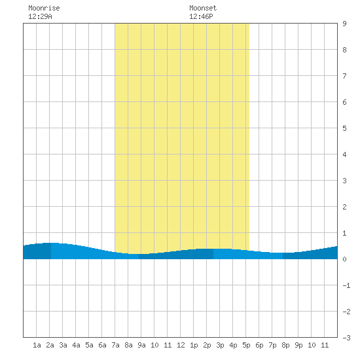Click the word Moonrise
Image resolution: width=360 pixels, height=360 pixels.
tap(44, 8)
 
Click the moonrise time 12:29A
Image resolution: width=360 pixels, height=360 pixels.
tap(40, 16)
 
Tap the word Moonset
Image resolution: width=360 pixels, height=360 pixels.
tap(203, 8)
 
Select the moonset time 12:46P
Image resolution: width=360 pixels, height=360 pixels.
tap(201, 16)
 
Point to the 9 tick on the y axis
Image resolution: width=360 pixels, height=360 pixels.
tap(344, 24)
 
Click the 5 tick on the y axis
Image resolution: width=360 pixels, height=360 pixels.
tap(344, 128)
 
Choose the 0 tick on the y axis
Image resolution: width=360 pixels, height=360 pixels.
tap(344, 259)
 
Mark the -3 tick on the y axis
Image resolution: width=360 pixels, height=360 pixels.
tap(346, 338)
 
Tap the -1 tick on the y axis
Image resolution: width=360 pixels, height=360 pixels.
tap(346, 285)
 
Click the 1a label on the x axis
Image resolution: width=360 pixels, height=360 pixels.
tap(37, 345)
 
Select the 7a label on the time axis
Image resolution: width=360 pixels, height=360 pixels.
tap(115, 345)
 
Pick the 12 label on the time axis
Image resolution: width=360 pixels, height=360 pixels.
tap(181, 345)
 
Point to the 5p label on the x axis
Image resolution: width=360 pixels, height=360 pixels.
tap(246, 345)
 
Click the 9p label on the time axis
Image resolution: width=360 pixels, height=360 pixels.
tap(298, 345)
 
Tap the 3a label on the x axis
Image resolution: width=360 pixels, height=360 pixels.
tap(63, 345)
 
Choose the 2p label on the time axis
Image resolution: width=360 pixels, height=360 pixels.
tap(207, 345)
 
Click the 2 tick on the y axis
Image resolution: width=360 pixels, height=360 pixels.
tap(344, 207)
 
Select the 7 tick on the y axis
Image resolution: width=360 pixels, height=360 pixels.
tap(344, 76)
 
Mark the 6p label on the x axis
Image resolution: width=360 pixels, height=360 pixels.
tap(259, 345)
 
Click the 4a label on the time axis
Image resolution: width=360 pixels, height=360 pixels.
tap(76, 345)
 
